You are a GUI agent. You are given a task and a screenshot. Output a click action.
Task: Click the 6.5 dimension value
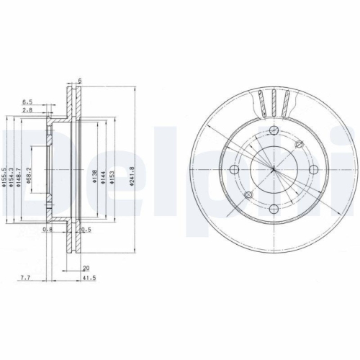tap(28, 102)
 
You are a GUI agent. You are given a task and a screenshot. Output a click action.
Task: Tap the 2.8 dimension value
tap(27, 112)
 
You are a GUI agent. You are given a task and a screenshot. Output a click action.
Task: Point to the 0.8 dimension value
tap(48, 230)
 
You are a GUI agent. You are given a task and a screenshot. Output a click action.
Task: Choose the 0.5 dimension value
tap(86, 230)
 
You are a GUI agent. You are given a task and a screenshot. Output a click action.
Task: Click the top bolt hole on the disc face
tap(274, 130)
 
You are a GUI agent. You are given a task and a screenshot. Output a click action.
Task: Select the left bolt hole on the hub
tap(235, 170)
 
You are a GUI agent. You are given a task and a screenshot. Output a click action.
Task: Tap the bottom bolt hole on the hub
tap(274, 210)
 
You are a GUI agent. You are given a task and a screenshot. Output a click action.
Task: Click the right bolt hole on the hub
tap(314, 170)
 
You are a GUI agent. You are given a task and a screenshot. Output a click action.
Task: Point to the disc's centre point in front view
tap(274, 171)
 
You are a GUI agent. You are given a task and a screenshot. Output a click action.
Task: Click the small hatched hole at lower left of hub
tap(248, 196)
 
